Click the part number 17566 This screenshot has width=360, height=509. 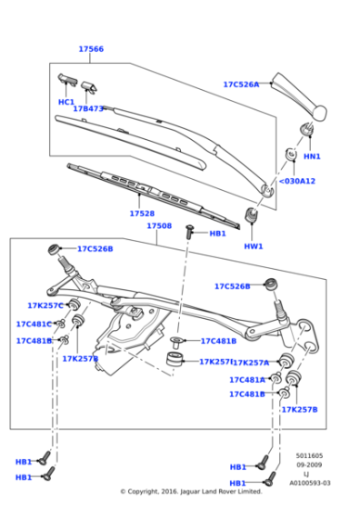tap(91, 49)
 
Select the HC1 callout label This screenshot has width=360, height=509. tap(66, 102)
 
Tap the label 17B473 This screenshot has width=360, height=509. tap(88, 109)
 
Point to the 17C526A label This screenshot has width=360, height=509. tap(241, 85)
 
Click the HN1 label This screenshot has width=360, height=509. tap(312, 156)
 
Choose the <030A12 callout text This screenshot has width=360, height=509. tap(296, 181)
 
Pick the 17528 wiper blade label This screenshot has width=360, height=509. tap(141, 214)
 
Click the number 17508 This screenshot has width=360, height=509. tap(159, 225)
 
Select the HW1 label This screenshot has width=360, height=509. tap(254, 246)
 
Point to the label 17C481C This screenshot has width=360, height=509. tap(34, 324)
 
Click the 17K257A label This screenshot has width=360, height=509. tap(250, 363)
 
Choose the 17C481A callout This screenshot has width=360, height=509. tap(247, 380)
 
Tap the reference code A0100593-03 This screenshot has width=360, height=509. tap(310, 484)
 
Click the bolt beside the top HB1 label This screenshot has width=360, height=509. tap(191, 233)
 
